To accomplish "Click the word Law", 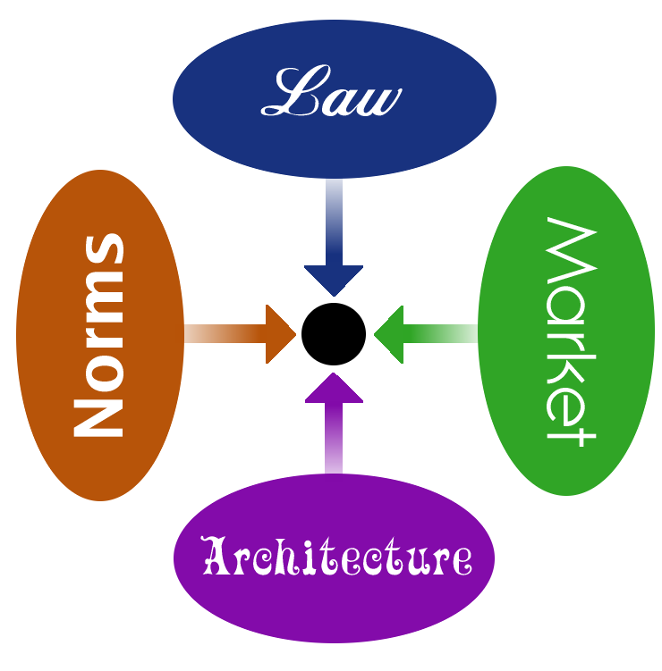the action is point(331,91).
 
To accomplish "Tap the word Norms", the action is point(98,335).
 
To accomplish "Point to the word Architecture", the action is point(336,555).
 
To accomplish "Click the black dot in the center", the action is point(334,334).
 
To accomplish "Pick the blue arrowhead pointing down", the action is point(334,281).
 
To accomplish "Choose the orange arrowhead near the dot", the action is point(281,334).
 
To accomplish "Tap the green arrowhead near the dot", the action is point(388,334).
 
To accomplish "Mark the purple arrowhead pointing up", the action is point(334,388).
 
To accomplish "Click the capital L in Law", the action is point(295,90).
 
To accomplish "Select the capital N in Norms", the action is point(98,418).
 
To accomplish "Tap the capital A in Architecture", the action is point(216,555).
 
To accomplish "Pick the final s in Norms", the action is point(104,248).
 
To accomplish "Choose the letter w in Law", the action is point(381,101).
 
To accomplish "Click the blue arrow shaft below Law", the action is point(334,222).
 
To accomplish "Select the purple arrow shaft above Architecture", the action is point(334,438).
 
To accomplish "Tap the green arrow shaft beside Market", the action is point(440,334).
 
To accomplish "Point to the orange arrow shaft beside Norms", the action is point(225,334).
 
